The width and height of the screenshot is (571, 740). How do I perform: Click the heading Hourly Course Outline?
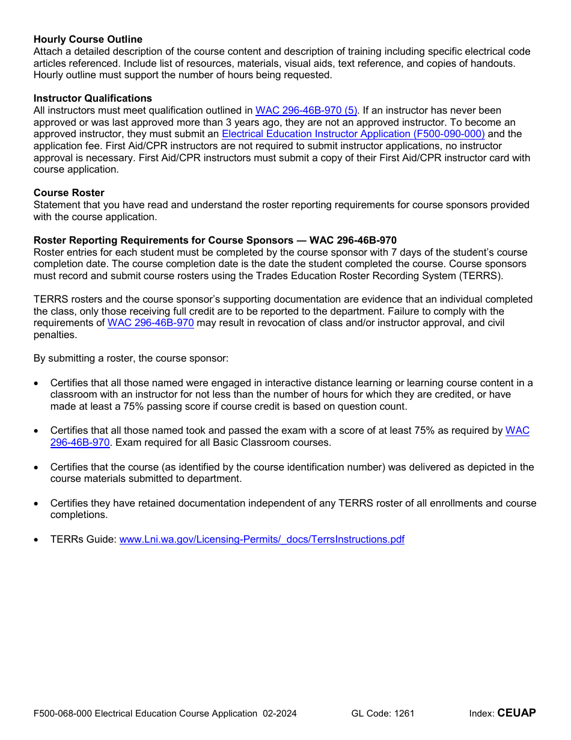point(88,40)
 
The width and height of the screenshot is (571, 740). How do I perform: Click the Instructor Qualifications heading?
point(93,98)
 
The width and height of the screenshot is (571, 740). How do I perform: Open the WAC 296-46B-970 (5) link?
point(306,110)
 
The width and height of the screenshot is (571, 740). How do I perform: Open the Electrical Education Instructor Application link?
point(353,134)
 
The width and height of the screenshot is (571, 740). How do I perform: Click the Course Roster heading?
point(69,193)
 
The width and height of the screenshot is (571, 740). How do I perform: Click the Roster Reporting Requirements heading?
point(215,240)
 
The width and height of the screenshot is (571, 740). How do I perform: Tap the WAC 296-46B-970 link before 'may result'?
point(150,323)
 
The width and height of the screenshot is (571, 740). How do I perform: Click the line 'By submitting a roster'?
point(131,359)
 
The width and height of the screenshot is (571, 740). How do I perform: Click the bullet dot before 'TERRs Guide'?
point(37,540)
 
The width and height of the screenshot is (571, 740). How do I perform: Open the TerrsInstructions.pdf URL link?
point(261,539)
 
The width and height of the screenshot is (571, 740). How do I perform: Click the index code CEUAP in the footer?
point(516,713)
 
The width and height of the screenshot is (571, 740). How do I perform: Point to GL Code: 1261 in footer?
point(383,714)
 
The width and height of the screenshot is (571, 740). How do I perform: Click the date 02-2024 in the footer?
point(279,714)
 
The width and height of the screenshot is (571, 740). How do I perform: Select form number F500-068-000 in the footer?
point(63,714)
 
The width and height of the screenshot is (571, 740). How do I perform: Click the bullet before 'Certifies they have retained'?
point(37,504)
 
